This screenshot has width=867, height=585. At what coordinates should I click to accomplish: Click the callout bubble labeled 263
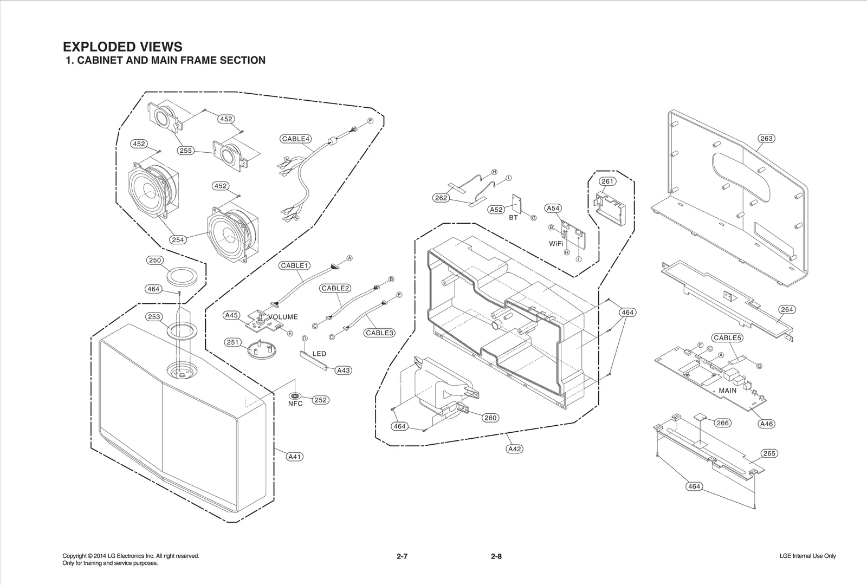click(766, 139)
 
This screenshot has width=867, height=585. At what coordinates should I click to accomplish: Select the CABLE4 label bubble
click(296, 139)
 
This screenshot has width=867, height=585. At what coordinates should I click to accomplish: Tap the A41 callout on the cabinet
click(294, 457)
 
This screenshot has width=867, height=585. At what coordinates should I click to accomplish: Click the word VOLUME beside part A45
click(283, 317)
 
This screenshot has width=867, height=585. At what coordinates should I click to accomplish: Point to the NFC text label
click(295, 404)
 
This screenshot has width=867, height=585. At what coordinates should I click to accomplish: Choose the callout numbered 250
click(155, 261)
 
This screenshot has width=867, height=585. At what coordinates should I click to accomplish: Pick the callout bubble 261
click(607, 181)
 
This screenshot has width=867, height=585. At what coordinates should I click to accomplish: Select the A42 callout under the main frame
click(515, 449)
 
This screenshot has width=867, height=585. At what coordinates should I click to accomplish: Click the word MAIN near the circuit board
click(727, 391)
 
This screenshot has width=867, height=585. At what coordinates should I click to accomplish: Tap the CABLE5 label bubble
click(727, 338)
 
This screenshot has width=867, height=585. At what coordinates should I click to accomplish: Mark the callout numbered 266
click(723, 423)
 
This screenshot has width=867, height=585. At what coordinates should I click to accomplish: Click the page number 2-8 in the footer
click(496, 556)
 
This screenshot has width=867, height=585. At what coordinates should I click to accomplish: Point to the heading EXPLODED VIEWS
click(122, 47)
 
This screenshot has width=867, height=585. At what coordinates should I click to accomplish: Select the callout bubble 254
click(178, 240)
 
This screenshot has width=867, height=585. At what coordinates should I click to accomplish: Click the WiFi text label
click(556, 244)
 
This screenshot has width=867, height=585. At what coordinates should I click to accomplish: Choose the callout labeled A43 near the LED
click(343, 370)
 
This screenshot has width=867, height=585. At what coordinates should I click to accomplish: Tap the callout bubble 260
click(490, 418)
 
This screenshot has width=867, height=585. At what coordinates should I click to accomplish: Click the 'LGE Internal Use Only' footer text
click(807, 556)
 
